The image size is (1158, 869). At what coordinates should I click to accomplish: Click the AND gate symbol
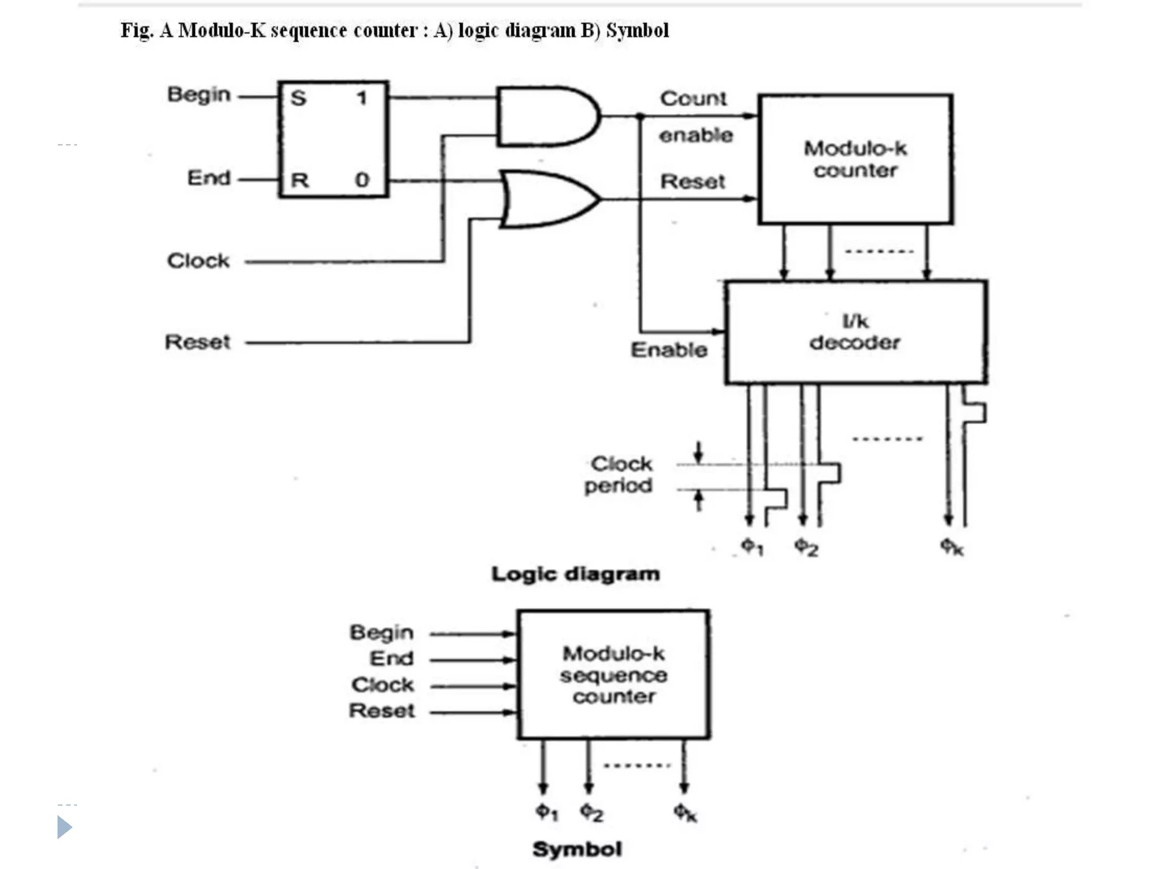pyautogui.click(x=546, y=117)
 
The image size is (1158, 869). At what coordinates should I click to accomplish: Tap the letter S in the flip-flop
pyautogui.click(x=299, y=98)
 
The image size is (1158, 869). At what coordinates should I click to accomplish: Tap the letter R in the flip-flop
pyautogui.click(x=299, y=180)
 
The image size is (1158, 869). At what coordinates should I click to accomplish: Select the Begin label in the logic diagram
pyautogui.click(x=199, y=94)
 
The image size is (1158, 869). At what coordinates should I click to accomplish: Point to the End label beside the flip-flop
pyautogui.click(x=209, y=178)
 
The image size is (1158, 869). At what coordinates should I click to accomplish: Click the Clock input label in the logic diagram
pyautogui.click(x=198, y=261)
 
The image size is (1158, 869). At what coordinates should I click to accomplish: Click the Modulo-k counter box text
pyautogui.click(x=855, y=159)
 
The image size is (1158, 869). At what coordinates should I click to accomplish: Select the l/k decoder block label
pyautogui.click(x=855, y=332)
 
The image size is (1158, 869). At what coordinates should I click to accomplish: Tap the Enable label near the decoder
pyautogui.click(x=669, y=350)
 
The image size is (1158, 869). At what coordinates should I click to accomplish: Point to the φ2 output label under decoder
pyautogui.click(x=806, y=547)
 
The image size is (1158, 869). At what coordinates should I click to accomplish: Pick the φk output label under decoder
pyautogui.click(x=952, y=547)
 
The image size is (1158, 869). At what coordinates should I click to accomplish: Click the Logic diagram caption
pyautogui.click(x=575, y=574)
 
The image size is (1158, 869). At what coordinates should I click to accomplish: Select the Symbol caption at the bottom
pyautogui.click(x=577, y=849)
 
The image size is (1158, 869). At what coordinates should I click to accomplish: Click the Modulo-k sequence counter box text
pyautogui.click(x=613, y=675)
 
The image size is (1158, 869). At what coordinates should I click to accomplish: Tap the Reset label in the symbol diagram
pyautogui.click(x=382, y=711)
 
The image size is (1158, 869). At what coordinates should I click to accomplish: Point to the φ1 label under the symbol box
pyautogui.click(x=547, y=812)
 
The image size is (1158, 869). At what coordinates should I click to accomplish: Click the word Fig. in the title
pyautogui.click(x=136, y=31)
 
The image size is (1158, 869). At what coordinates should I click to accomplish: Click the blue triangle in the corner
pyautogui.click(x=64, y=827)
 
